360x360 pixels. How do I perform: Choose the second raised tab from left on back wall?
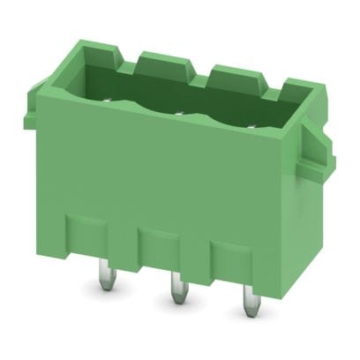click(x=159, y=60)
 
